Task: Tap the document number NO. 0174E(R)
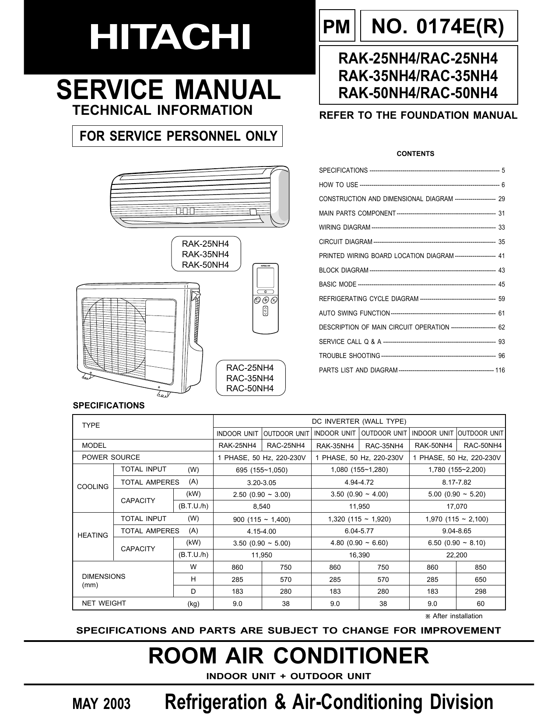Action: point(438,26)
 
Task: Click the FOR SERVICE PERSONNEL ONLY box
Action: point(178,136)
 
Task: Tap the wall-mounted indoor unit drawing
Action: point(200,197)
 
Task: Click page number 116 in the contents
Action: point(500,370)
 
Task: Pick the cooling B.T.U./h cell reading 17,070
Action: point(457,506)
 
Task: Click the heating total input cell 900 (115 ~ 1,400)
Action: point(262,519)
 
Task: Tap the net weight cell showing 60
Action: point(481,603)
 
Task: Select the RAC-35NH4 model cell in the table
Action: point(384,446)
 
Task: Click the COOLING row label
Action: point(93,487)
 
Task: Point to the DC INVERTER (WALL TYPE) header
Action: point(359,421)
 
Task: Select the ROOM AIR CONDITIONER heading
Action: point(288,656)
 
